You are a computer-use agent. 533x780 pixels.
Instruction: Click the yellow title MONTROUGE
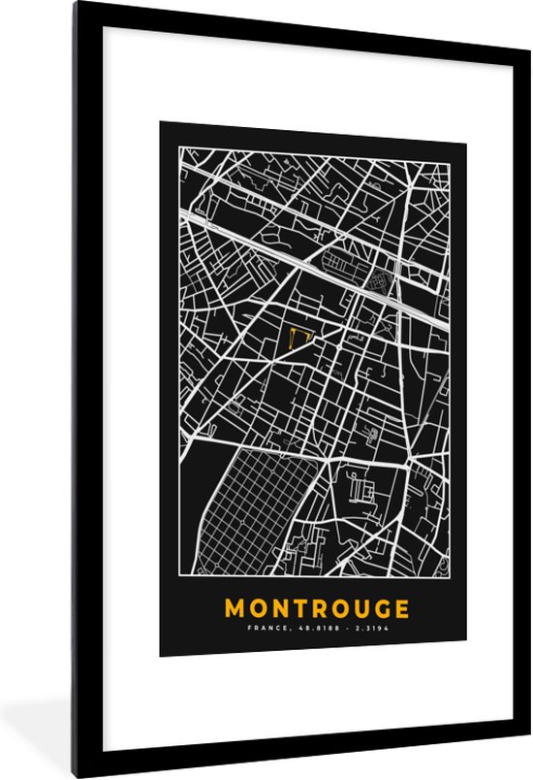pos(315,609)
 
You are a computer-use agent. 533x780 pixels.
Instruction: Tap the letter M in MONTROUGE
pos(235,609)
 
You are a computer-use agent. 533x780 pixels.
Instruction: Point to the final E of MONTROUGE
pos(399,609)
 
